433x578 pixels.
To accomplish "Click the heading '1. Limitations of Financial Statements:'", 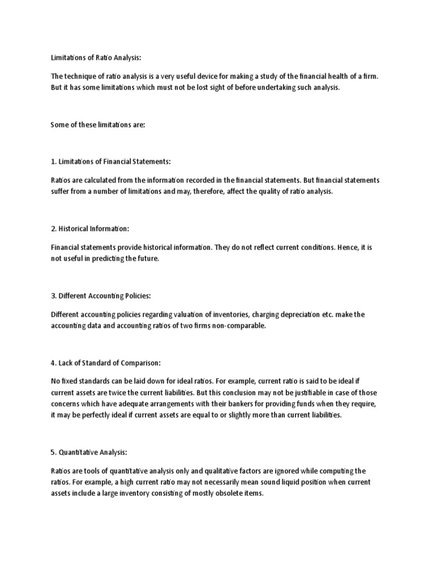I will (111, 161).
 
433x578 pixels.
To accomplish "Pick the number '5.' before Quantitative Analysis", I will (54, 452).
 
